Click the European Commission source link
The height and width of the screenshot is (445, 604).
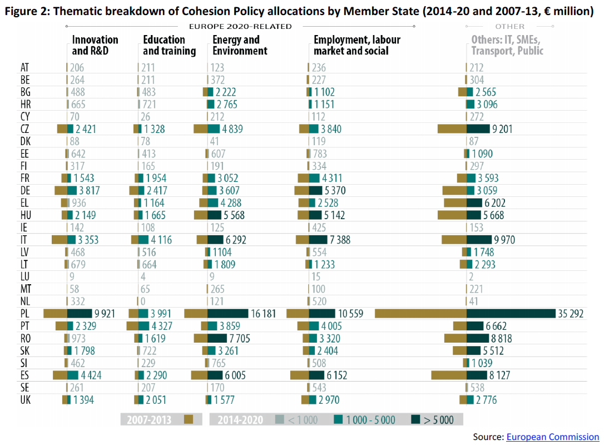click(552, 437)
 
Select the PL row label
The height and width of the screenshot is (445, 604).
click(26, 314)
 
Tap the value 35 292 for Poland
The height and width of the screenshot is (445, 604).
click(570, 314)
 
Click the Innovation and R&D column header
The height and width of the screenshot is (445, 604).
click(95, 45)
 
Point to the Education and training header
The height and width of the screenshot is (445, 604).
click(169, 45)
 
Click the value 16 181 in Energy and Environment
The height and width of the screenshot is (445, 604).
click(263, 314)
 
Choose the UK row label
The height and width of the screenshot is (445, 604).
click(26, 399)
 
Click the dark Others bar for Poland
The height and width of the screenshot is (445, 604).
click(511, 314)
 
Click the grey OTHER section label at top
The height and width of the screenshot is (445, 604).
click(509, 26)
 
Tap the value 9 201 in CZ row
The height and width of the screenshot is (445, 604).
click(502, 129)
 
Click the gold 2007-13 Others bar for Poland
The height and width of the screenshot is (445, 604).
click(420, 314)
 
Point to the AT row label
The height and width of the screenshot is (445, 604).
click(25, 68)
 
